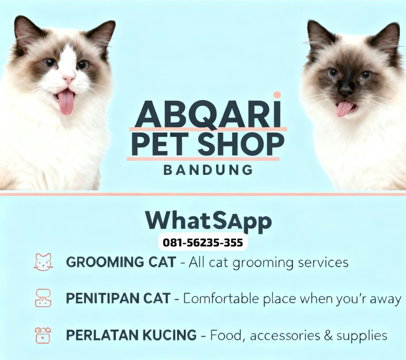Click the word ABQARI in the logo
[208, 114]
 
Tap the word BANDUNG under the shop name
[208, 170]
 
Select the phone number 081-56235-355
[203, 243]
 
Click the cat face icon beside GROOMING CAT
[43, 262]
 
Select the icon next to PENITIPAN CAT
[43, 298]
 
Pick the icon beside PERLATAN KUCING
[43, 335]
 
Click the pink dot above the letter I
[277, 95]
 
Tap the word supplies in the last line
[362, 336]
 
